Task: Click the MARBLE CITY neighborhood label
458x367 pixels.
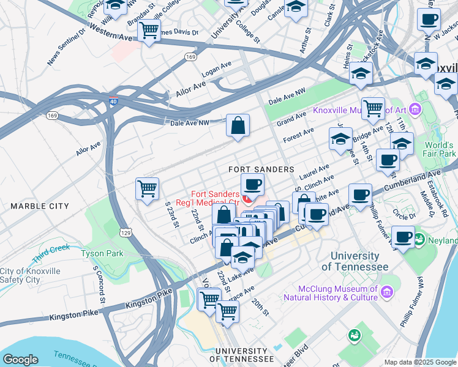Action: (x=40, y=206)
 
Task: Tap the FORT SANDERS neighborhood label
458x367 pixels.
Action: (x=261, y=169)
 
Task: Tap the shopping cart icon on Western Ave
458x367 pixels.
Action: (x=149, y=30)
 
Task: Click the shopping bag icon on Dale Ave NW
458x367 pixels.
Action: (x=238, y=125)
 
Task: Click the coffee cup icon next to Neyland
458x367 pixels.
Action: (x=402, y=237)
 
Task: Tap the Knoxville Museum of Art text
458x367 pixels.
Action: (x=359, y=111)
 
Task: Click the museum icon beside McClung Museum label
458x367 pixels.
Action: (x=386, y=293)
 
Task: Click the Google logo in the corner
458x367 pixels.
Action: (x=21, y=360)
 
